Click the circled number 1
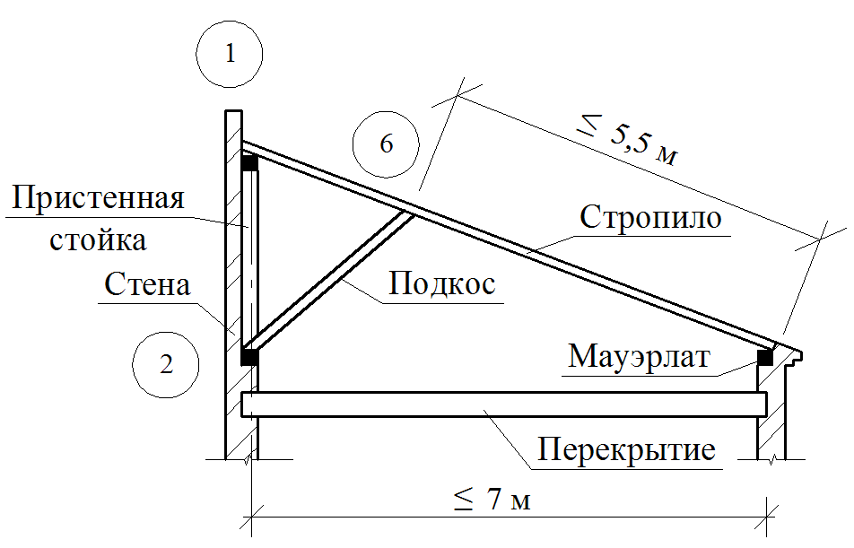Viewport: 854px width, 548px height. click(x=231, y=54)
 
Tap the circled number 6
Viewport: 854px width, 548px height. click(x=386, y=144)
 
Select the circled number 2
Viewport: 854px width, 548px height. click(x=165, y=364)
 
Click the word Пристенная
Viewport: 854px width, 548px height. click(x=99, y=199)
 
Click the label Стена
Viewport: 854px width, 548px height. click(x=148, y=285)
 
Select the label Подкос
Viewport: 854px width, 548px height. click(x=443, y=284)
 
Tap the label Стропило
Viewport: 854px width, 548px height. click(x=650, y=218)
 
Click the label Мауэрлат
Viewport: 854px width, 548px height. click(x=639, y=357)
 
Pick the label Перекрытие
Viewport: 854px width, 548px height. click(x=627, y=448)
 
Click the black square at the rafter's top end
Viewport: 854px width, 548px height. click(x=248, y=163)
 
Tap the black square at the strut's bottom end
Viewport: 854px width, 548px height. click(x=249, y=357)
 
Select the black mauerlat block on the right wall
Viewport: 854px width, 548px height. click(x=765, y=356)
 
